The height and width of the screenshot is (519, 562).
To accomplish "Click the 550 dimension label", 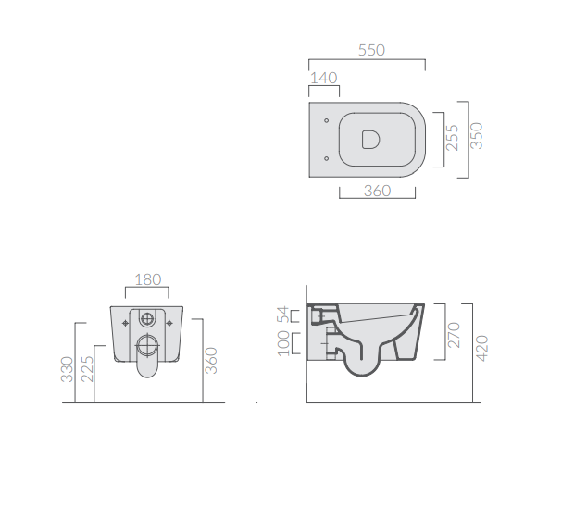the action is pos(371,50).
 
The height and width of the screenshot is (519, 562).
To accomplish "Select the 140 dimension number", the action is pos(324,78).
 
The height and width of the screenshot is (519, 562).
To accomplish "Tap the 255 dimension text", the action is pos(453,138).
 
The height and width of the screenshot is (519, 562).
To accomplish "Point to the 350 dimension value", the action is pos(477,136).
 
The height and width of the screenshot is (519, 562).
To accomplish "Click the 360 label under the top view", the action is pos(377,191).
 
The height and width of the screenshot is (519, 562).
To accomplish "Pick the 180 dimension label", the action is pos(147,279).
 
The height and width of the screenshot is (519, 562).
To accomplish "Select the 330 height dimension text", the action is pos(67,369).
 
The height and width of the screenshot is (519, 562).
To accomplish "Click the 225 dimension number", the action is pos(87,369).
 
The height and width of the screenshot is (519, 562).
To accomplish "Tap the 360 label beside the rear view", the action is pos(211,360).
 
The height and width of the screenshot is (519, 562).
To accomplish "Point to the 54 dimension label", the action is pos(282,315).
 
